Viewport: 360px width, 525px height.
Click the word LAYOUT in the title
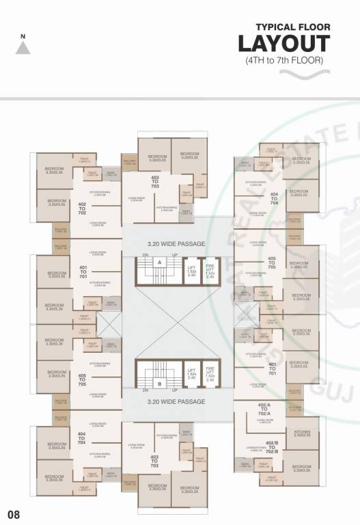(x=283, y=44)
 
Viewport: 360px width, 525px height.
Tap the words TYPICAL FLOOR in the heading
(x=292, y=27)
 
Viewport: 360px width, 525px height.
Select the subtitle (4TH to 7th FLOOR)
(x=284, y=60)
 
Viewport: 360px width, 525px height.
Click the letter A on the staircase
(x=159, y=262)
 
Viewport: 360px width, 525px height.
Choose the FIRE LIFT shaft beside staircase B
(x=210, y=374)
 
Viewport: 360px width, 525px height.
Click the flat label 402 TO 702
(x=82, y=209)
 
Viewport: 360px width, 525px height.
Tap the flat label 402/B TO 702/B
(x=271, y=448)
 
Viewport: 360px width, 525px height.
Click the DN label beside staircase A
(x=146, y=254)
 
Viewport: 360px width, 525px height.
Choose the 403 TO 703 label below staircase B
(x=154, y=463)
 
